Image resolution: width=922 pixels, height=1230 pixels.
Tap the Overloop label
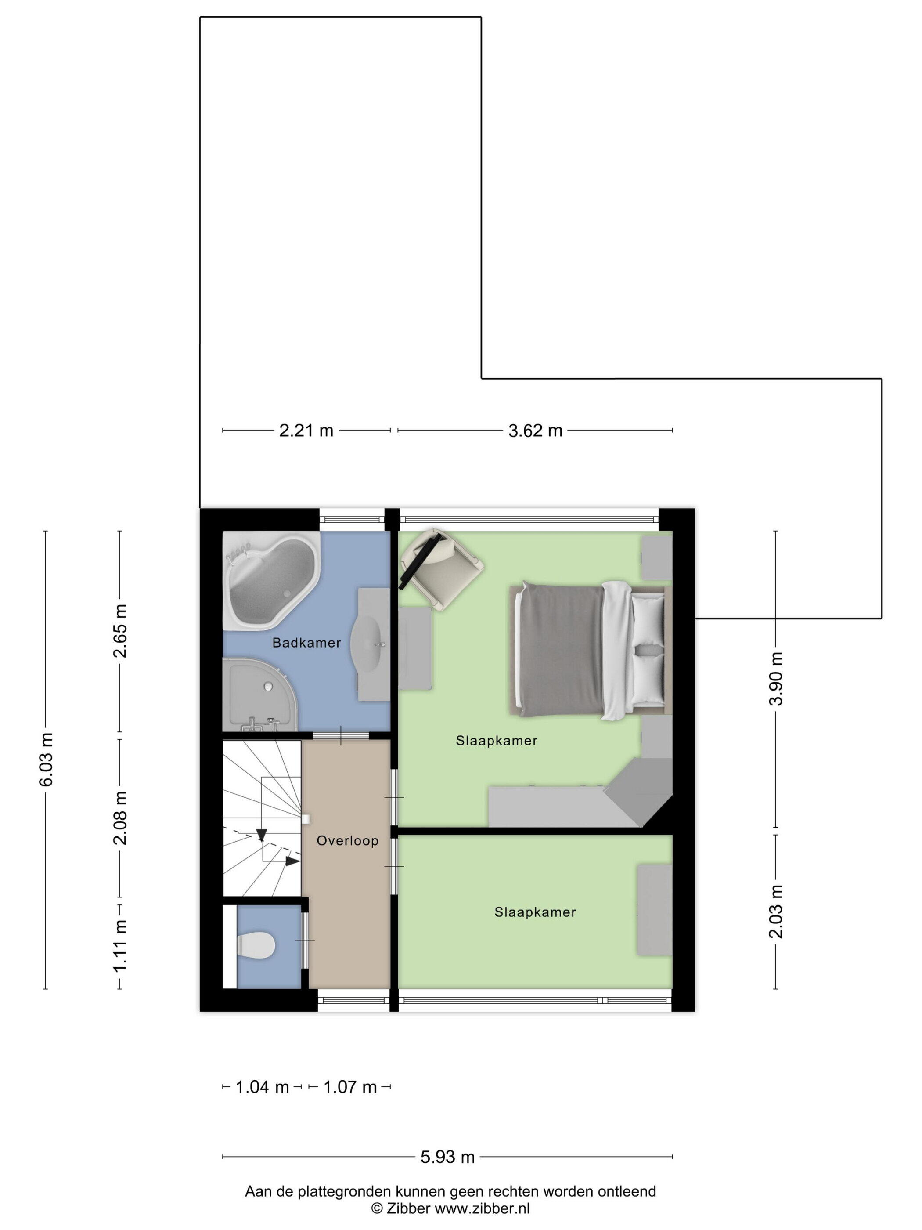point(347,841)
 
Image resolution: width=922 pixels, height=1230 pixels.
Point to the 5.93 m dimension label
point(447,1157)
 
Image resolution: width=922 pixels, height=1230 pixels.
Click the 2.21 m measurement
point(306,430)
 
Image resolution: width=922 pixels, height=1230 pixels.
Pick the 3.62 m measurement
point(535,430)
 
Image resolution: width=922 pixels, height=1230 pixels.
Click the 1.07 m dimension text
point(350,1087)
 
